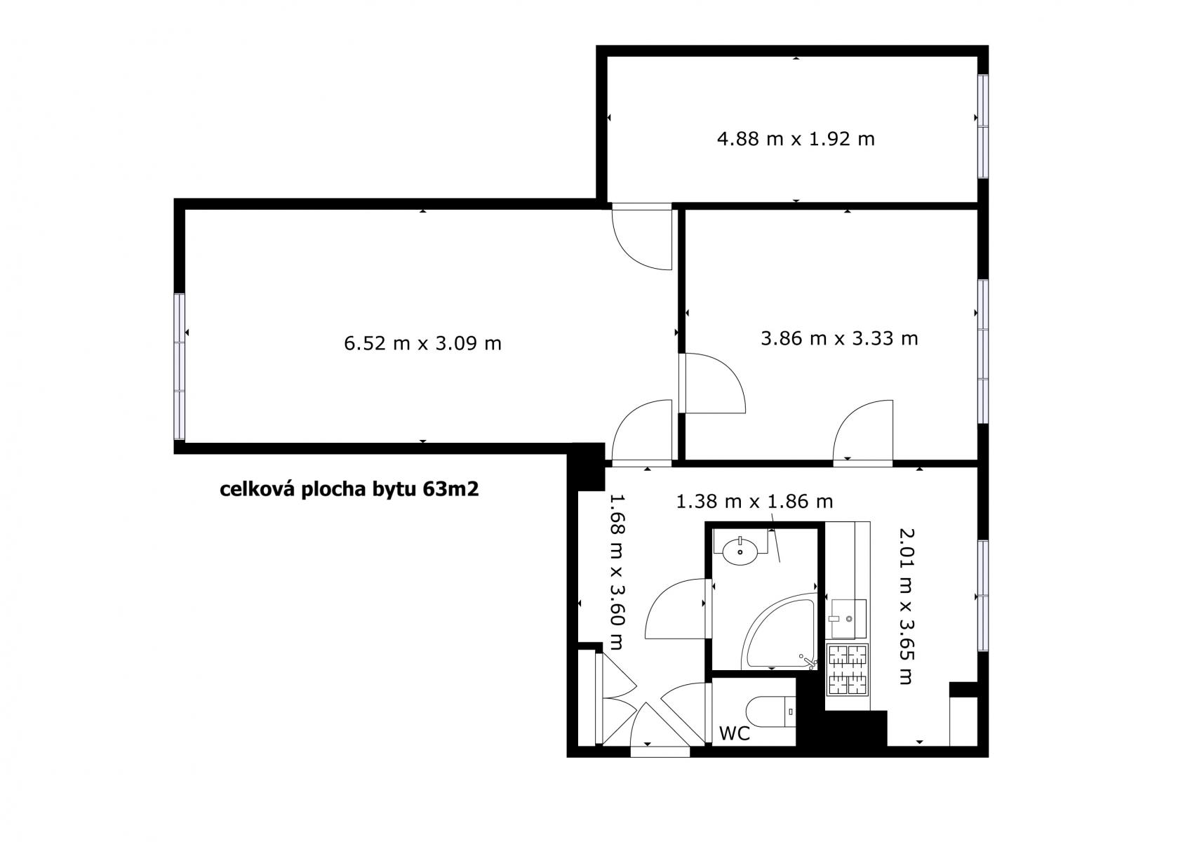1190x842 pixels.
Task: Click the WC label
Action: coord(734,733)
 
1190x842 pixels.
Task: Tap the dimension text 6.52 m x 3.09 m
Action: coord(422,344)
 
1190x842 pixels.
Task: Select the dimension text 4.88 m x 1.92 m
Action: coord(795,139)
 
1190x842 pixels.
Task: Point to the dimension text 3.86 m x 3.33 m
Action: coord(839,338)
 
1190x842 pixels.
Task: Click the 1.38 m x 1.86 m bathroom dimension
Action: coord(754,501)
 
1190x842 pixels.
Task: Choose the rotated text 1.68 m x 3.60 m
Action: coord(616,572)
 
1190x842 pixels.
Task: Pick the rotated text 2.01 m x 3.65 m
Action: coord(906,606)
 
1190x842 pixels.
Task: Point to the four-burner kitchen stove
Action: coord(848,669)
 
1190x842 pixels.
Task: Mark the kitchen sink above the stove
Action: coord(848,619)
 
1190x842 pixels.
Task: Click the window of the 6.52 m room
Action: coord(180,367)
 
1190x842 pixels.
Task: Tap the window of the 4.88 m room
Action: coord(983,126)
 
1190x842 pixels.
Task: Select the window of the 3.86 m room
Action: coord(983,351)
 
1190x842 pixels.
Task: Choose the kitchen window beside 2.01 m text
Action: coord(983,596)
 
